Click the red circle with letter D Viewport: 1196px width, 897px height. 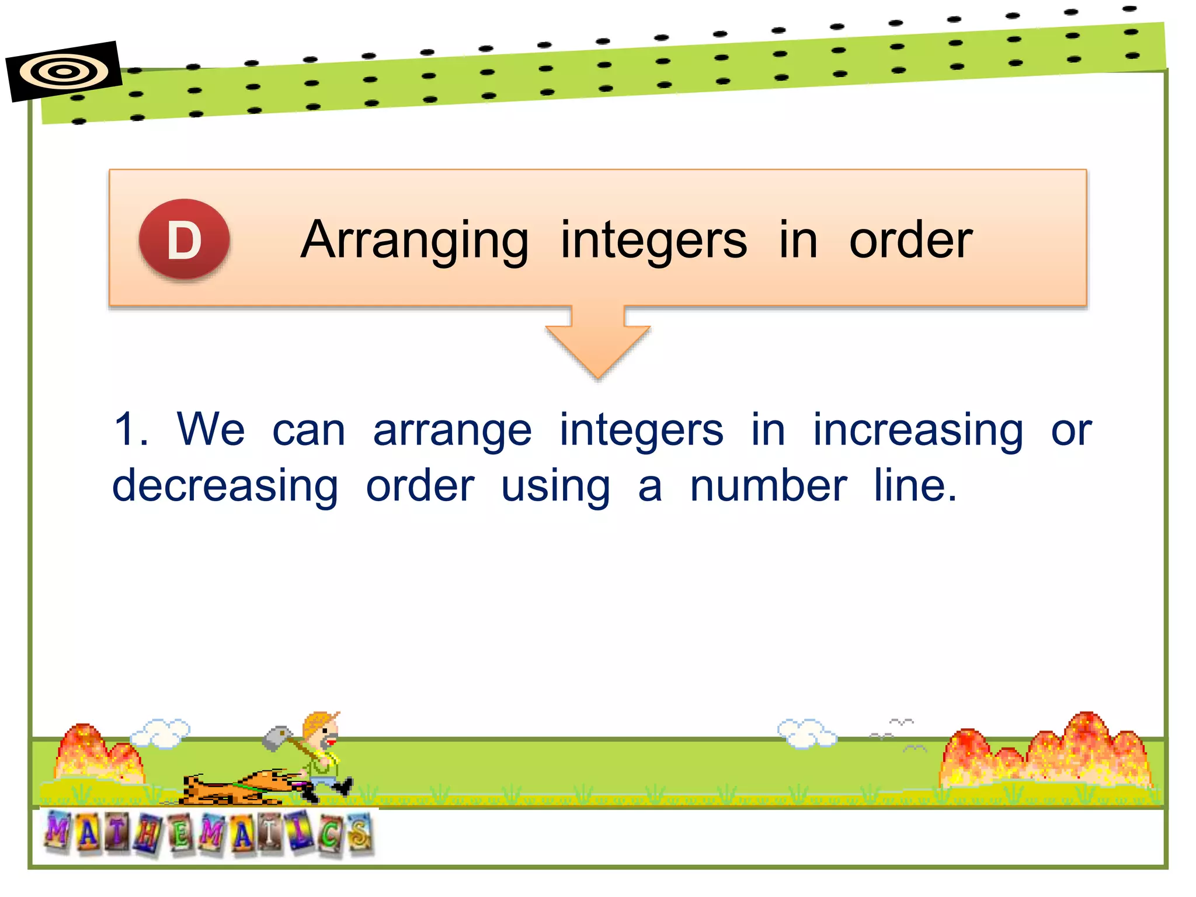[x=184, y=240]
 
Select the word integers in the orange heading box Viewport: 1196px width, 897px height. [x=653, y=241]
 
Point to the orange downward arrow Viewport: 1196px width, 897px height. [x=597, y=344]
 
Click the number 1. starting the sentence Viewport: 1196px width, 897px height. [x=131, y=430]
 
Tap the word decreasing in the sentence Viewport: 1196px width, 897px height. [x=225, y=486]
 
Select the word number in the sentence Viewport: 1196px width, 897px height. [x=768, y=485]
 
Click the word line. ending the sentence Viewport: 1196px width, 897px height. [x=915, y=485]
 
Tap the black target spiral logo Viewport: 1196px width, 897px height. [x=64, y=72]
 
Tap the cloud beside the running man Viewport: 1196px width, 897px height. [x=161, y=733]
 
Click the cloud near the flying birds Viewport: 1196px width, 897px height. [x=806, y=733]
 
